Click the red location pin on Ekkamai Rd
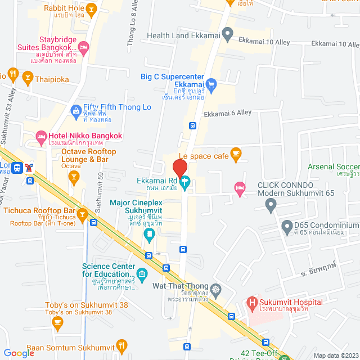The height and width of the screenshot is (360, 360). pyautogui.click(x=179, y=168)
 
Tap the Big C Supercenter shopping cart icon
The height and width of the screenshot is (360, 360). pyautogui.click(x=211, y=85)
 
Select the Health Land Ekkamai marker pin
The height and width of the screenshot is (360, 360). pyautogui.click(x=227, y=35)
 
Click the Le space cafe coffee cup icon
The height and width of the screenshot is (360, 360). pyautogui.click(x=236, y=152)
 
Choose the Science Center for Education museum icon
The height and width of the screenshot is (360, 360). pyautogui.click(x=141, y=275)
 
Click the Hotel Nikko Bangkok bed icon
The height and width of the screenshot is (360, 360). pyautogui.click(x=40, y=136)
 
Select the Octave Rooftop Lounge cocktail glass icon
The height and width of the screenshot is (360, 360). pyautogui.click(x=73, y=178)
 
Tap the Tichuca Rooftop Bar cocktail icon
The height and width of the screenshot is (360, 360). pyautogui.click(x=82, y=214)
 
